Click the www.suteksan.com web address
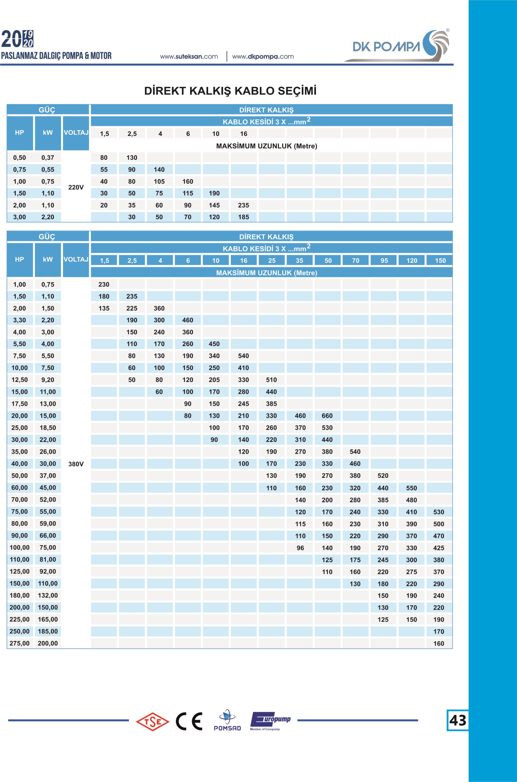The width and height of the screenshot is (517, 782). tap(189, 57)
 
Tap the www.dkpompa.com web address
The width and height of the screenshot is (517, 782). tap(263, 57)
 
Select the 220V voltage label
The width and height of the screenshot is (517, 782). tap(76, 187)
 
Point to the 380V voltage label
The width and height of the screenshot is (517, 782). tap(76, 464)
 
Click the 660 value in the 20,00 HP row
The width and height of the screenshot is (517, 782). tap(327, 416)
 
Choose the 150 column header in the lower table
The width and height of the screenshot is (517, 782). tap(440, 261)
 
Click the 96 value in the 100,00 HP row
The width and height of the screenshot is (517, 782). tap(300, 548)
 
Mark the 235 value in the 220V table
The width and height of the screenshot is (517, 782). tap(243, 205)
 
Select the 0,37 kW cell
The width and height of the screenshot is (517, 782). tap(48, 158)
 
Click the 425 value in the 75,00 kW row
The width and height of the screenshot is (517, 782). tap(438, 548)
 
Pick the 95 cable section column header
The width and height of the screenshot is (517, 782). tap(384, 261)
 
